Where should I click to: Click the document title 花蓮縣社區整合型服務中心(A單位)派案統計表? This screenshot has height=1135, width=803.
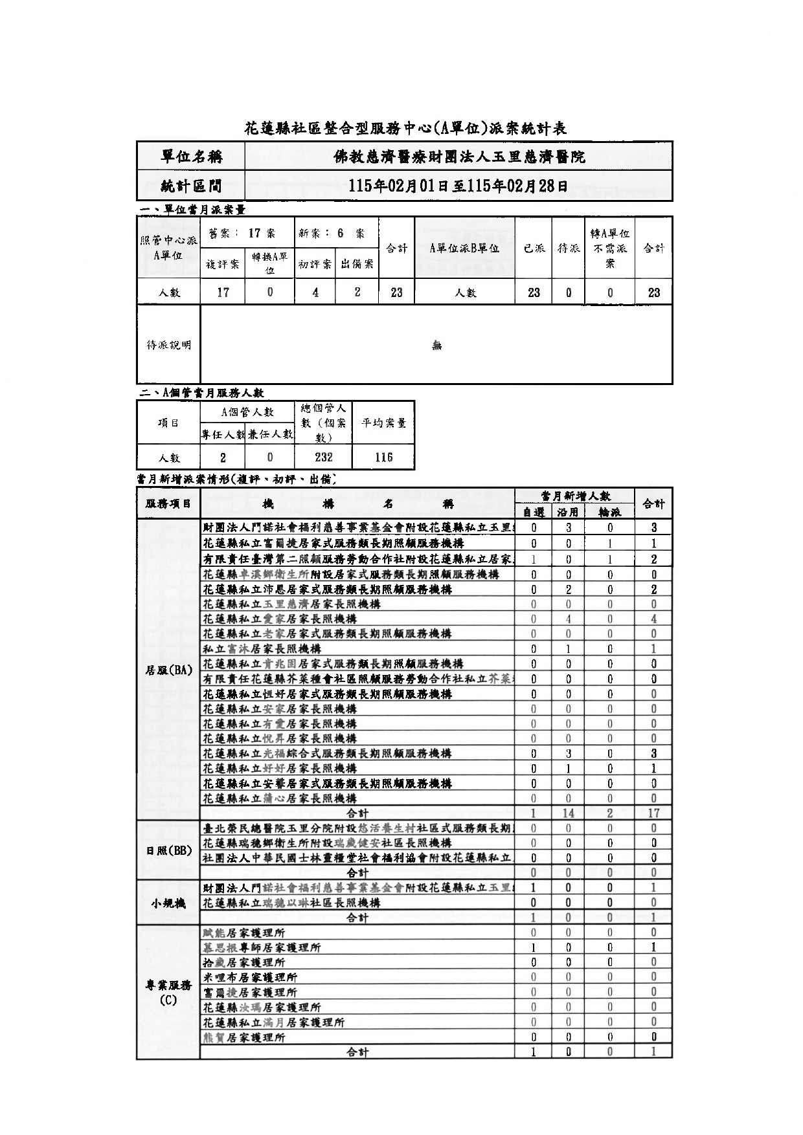pyautogui.click(x=405, y=128)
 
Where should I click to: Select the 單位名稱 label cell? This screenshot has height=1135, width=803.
pyautogui.click(x=191, y=157)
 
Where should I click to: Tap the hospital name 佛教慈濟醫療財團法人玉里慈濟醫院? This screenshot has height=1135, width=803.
pyautogui.click(x=458, y=157)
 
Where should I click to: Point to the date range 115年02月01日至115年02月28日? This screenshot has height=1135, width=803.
pyautogui.click(x=458, y=186)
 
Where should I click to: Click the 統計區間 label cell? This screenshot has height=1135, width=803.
pyautogui.click(x=191, y=186)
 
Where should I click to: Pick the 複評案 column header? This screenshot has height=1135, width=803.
pyautogui.click(x=223, y=264)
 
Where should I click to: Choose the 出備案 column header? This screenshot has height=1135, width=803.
pyautogui.click(x=357, y=264)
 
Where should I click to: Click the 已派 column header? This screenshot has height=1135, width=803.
pyautogui.click(x=534, y=248)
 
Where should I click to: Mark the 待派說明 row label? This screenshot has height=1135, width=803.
pyautogui.click(x=168, y=345)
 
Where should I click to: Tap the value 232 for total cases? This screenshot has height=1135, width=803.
pyautogui.click(x=323, y=457)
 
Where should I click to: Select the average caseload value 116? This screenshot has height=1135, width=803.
pyautogui.click(x=383, y=457)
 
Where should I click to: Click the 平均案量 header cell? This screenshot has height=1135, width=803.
pyautogui.click(x=383, y=423)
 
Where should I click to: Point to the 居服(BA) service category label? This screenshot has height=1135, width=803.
pyautogui.click(x=168, y=670)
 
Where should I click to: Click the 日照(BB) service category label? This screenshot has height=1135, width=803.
pyautogui.click(x=168, y=850)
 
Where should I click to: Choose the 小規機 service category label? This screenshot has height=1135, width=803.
pyautogui.click(x=168, y=903)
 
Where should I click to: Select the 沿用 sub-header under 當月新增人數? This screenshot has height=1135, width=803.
pyautogui.click(x=568, y=512)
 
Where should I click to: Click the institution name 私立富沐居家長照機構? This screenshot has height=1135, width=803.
pyautogui.click(x=262, y=648)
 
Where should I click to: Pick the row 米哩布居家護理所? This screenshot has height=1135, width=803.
pyautogui.click(x=250, y=977)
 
